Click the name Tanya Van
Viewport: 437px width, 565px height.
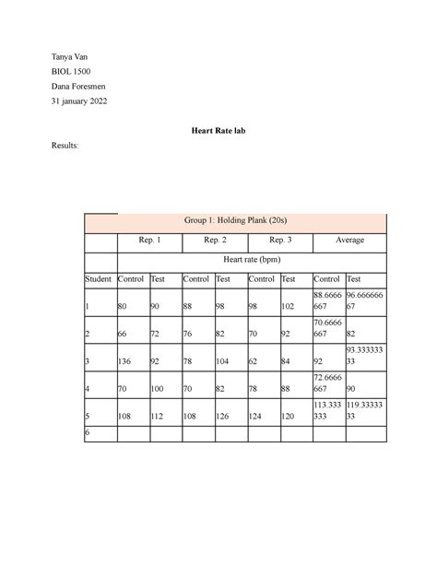[70, 57]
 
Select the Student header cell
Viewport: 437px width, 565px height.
[98, 278]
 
